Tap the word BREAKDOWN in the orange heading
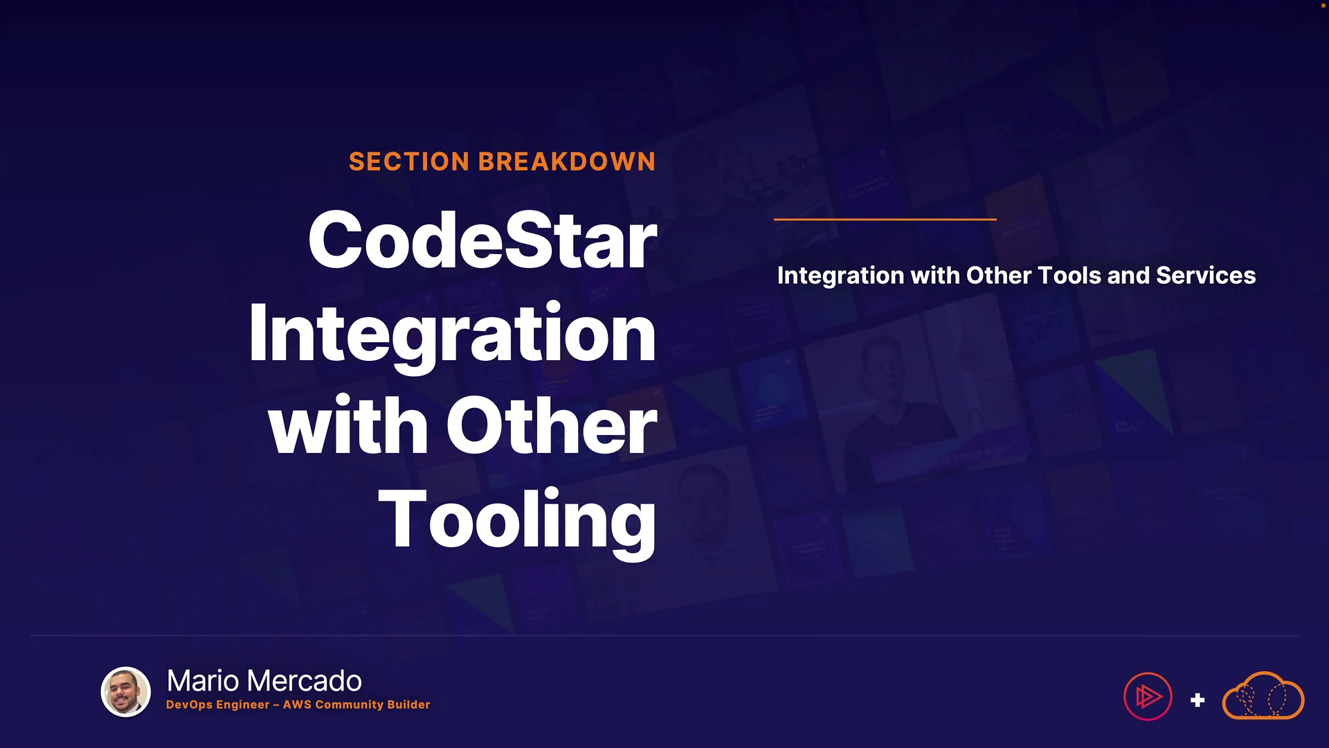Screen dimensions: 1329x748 (x=567, y=161)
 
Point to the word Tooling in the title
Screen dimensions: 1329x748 (x=517, y=521)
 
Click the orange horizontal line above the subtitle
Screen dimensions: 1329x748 (x=885, y=220)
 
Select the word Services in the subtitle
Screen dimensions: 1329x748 (x=1206, y=275)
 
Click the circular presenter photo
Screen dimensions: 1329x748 (x=126, y=692)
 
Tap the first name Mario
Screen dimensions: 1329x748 (x=204, y=681)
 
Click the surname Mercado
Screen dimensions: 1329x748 (x=305, y=681)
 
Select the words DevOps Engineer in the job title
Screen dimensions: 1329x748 (x=218, y=705)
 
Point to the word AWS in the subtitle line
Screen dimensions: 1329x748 (x=297, y=704)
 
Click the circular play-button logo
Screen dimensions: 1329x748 (x=1148, y=697)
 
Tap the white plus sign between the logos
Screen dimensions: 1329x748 (x=1197, y=700)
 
